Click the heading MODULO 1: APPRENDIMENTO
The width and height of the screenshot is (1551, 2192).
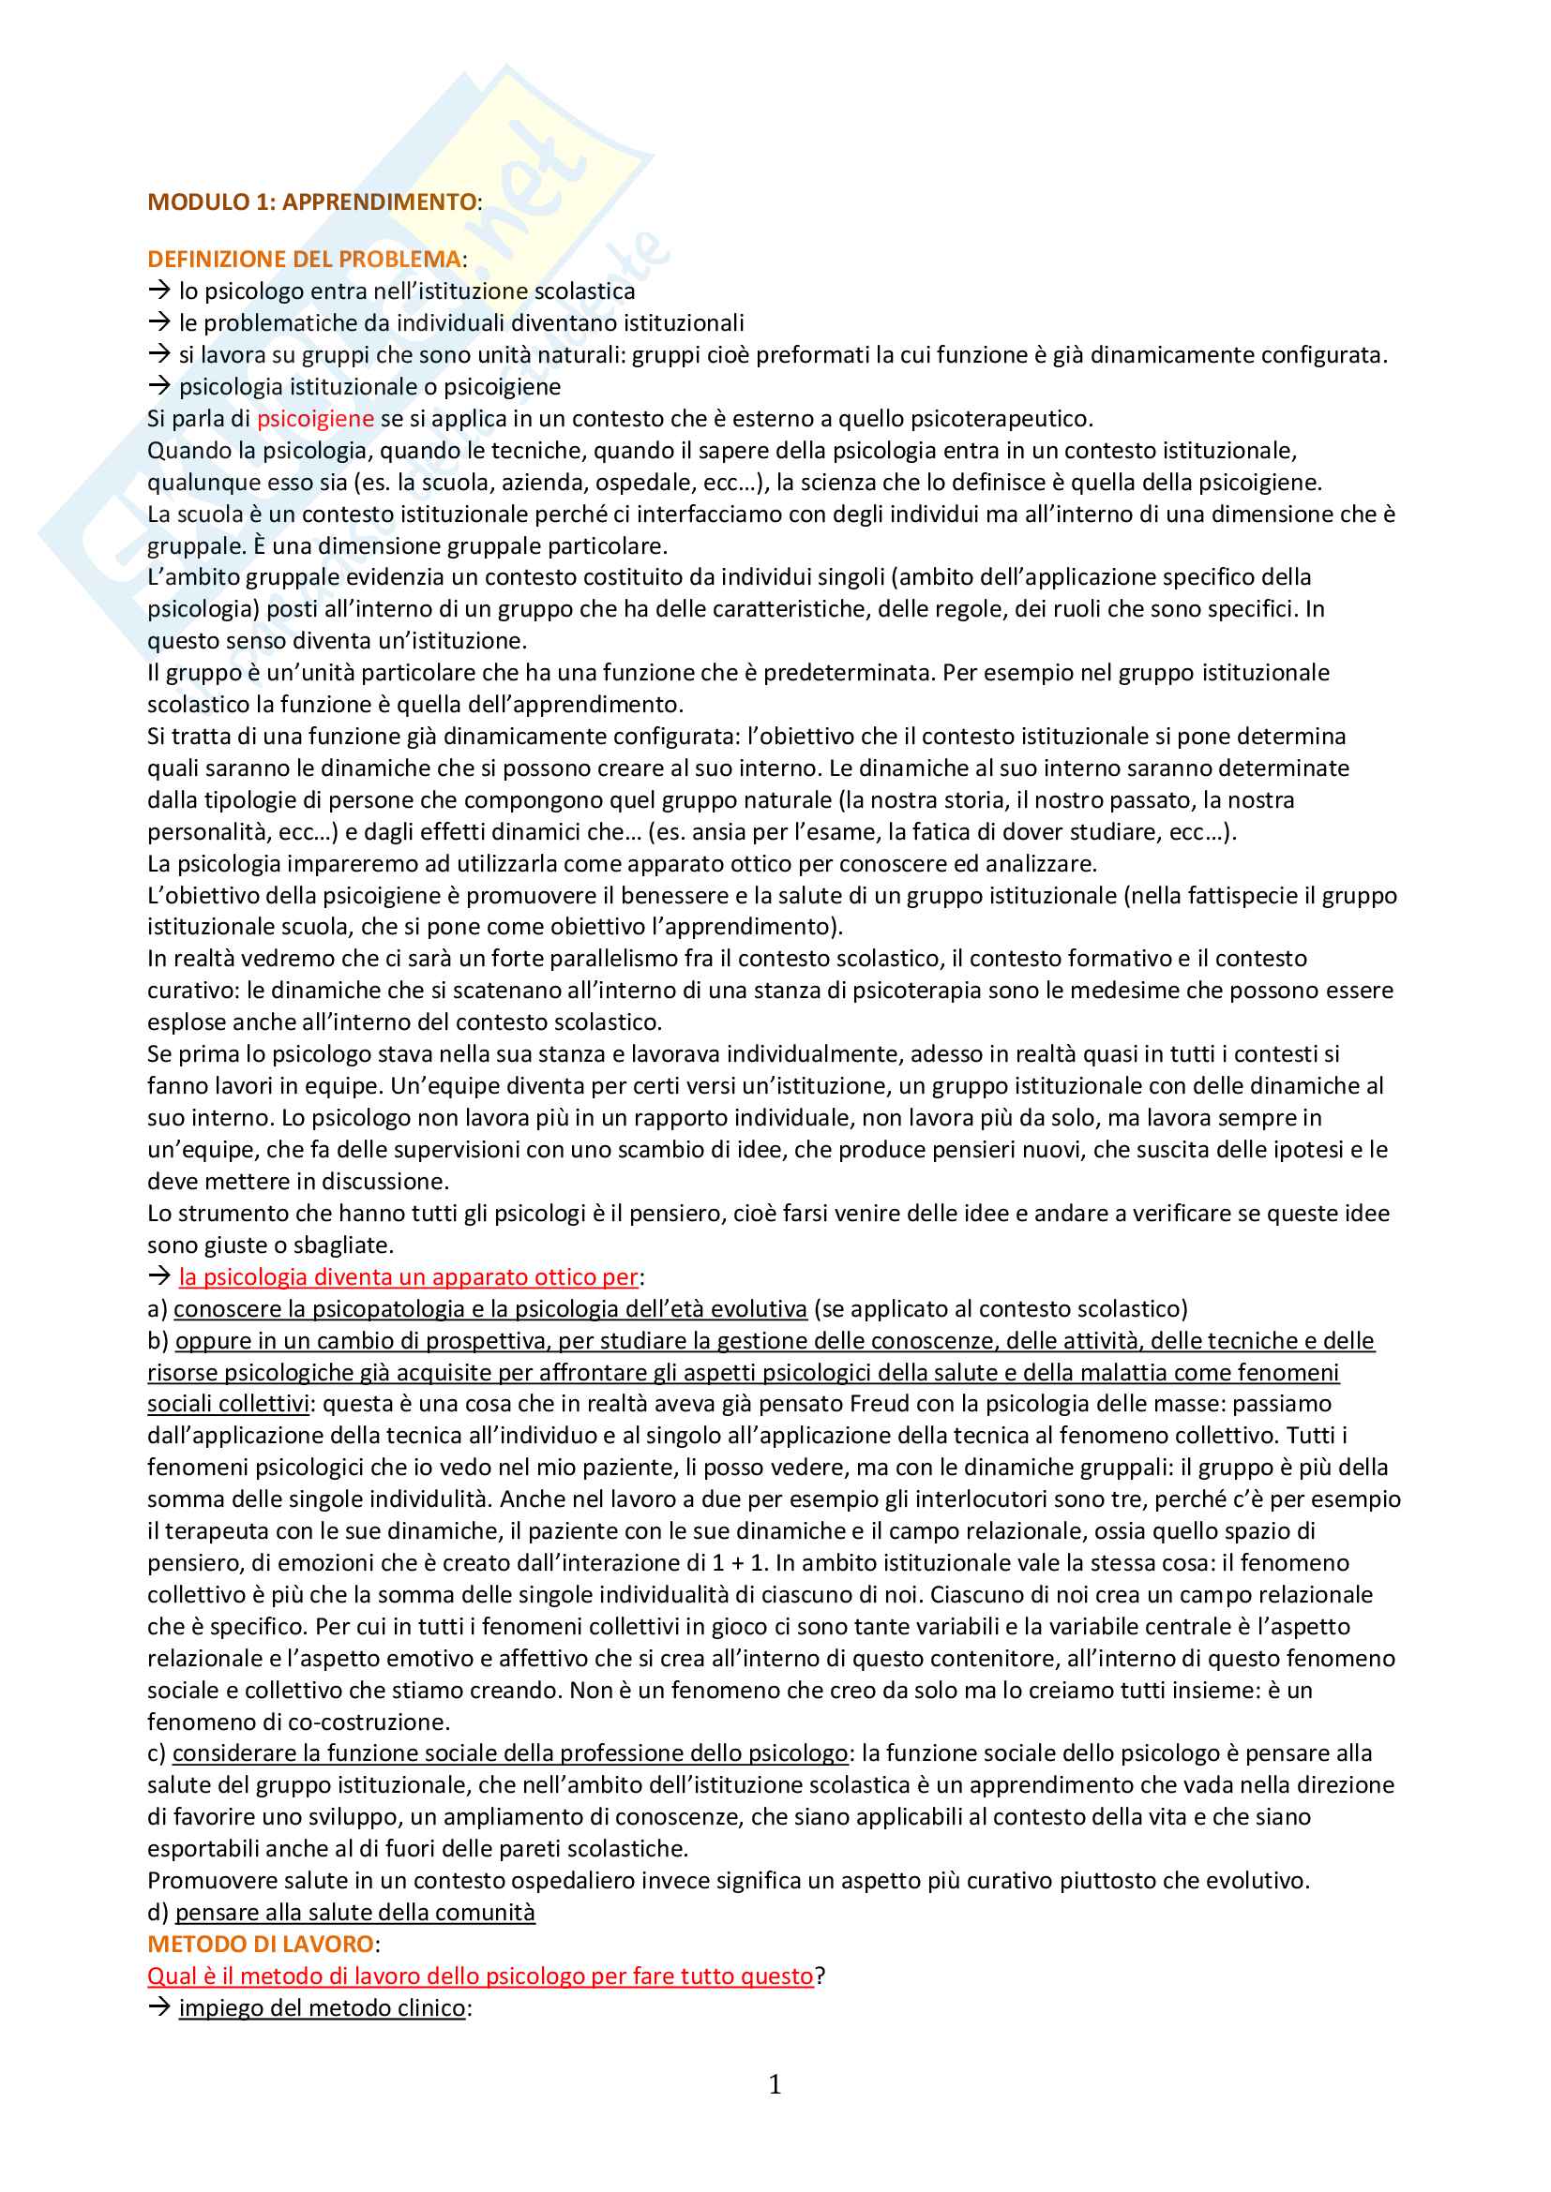(x=311, y=202)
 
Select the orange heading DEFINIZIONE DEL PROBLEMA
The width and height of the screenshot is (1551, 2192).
(x=304, y=260)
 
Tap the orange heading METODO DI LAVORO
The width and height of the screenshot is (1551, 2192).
(x=260, y=1944)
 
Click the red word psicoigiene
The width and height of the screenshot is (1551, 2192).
(x=315, y=419)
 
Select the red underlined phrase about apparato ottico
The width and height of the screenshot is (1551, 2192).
(x=408, y=1277)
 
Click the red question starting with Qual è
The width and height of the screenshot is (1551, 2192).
(x=479, y=1976)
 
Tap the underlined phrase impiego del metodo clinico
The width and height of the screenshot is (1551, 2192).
(x=322, y=2007)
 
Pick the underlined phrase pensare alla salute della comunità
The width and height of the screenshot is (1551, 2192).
(x=354, y=1913)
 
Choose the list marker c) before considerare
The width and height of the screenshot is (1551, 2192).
(x=156, y=1753)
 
